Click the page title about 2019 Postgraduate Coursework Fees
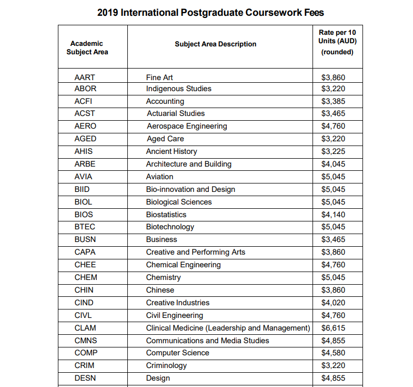tap(210, 12)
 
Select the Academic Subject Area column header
tap(87, 47)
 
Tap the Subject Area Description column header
tap(216, 44)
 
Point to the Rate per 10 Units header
tap(337, 42)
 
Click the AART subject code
tap(85, 77)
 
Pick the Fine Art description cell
tap(159, 77)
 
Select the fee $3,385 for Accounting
tap(333, 101)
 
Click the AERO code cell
tap(85, 126)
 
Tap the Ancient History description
tap(172, 151)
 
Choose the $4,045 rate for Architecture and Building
tap(333, 164)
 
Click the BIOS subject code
tap(84, 215)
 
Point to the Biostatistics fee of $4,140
tap(333, 215)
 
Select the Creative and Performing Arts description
tap(196, 252)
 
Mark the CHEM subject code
tap(86, 277)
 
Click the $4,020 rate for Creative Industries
tap(333, 303)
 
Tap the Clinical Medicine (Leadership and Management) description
tap(228, 328)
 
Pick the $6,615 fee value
tap(333, 328)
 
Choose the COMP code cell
tap(86, 353)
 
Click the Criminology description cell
tap(166, 365)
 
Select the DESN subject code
tap(85, 378)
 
